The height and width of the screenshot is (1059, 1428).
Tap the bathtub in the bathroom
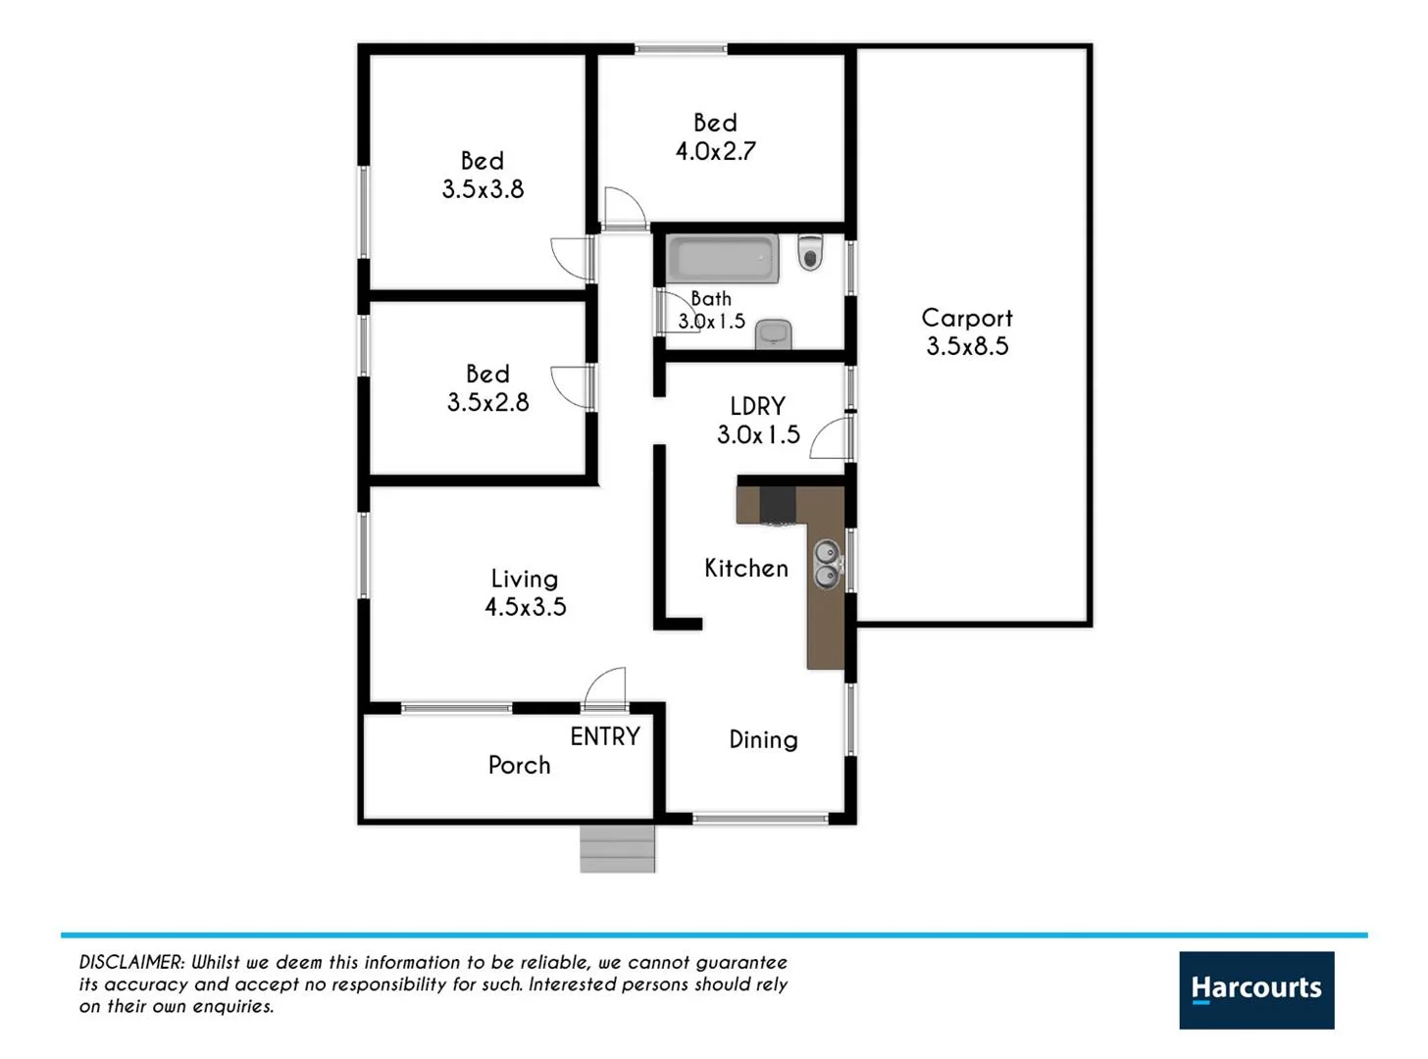723,259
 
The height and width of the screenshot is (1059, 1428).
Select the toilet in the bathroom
809,252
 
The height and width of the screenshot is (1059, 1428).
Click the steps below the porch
617,849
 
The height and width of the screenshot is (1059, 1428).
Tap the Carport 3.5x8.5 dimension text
967,346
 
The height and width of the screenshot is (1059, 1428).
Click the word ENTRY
604,736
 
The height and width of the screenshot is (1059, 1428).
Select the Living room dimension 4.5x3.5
525,607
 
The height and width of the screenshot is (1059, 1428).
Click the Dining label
763,740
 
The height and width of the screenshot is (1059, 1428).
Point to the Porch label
519,765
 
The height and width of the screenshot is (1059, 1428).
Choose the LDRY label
757,406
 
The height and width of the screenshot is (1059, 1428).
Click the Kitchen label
745,569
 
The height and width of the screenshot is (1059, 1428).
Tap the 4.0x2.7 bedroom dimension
715,151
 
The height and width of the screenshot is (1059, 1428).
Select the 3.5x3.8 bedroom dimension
483,189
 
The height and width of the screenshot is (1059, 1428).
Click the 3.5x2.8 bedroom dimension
487,402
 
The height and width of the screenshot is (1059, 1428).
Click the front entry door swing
606,688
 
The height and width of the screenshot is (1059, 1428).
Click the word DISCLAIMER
131,963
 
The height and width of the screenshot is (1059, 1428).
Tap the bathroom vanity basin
774,333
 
